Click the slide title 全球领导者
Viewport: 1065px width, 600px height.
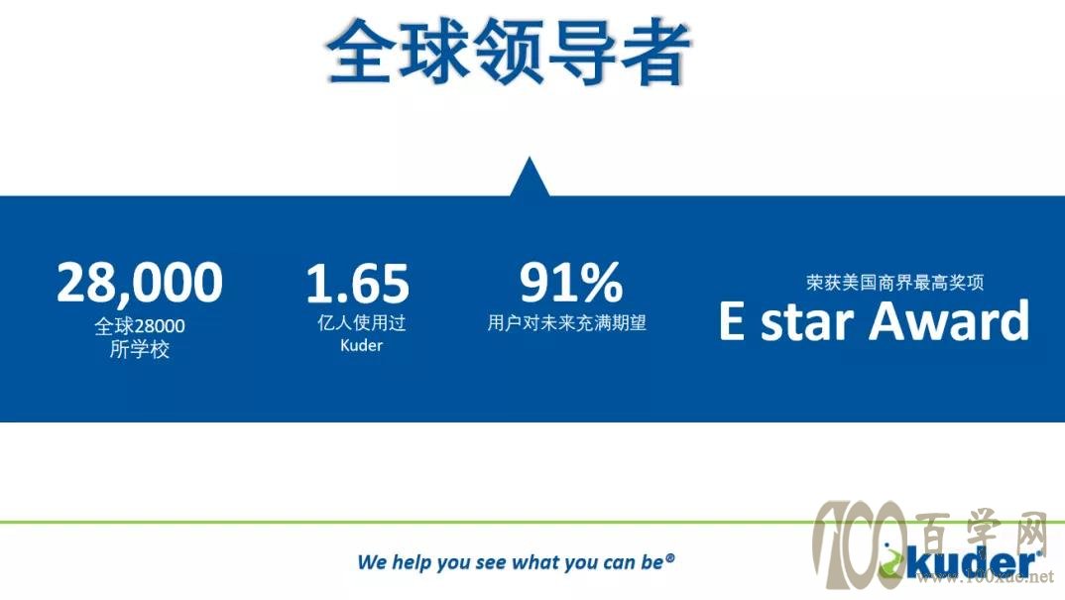[x=509, y=53]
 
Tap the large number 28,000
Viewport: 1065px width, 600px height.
[x=140, y=283]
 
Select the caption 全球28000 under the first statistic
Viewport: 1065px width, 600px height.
[x=140, y=326]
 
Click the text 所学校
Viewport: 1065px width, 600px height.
[x=140, y=349]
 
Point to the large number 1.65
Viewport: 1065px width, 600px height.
[x=358, y=283]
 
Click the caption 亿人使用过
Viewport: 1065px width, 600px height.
[x=361, y=322]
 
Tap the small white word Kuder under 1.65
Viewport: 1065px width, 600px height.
[x=361, y=345]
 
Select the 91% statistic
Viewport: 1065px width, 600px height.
[x=571, y=282]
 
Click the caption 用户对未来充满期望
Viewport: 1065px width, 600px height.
[x=566, y=322]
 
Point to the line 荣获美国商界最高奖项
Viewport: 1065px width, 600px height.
[x=895, y=282]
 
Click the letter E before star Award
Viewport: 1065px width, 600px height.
[x=732, y=320]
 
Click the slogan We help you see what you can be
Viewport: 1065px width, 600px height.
[x=516, y=562]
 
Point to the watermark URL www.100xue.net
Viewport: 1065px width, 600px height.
[x=985, y=577]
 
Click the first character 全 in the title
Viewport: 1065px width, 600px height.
[x=361, y=53]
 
